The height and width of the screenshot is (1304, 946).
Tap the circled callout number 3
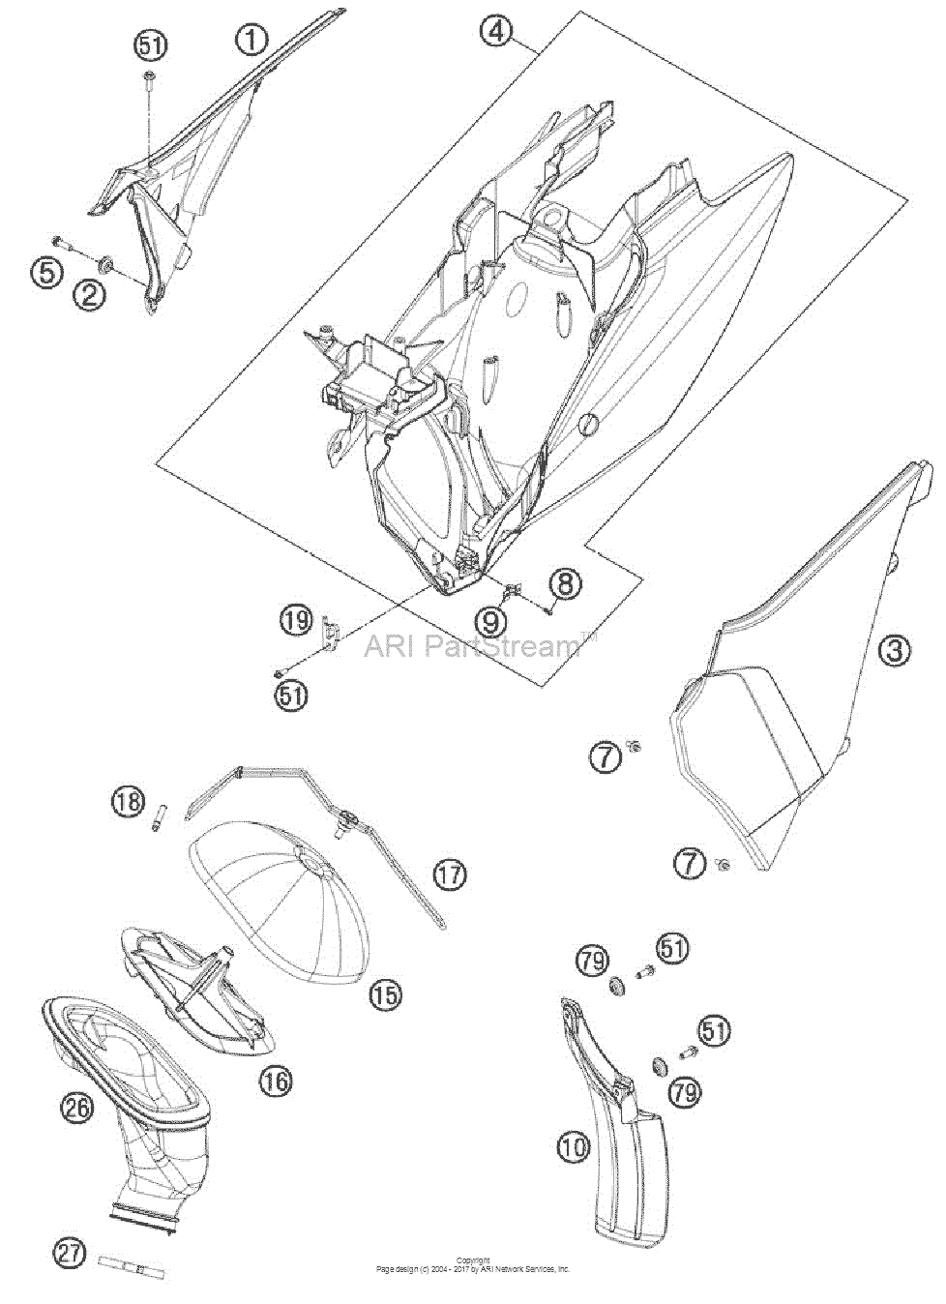894,649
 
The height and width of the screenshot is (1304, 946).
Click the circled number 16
276,1081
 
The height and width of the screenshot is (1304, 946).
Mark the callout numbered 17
450,890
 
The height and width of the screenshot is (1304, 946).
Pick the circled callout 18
129,803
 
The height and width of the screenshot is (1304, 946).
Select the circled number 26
78,1108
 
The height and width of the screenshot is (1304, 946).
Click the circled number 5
47,272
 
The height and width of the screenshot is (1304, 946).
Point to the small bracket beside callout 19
331,631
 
